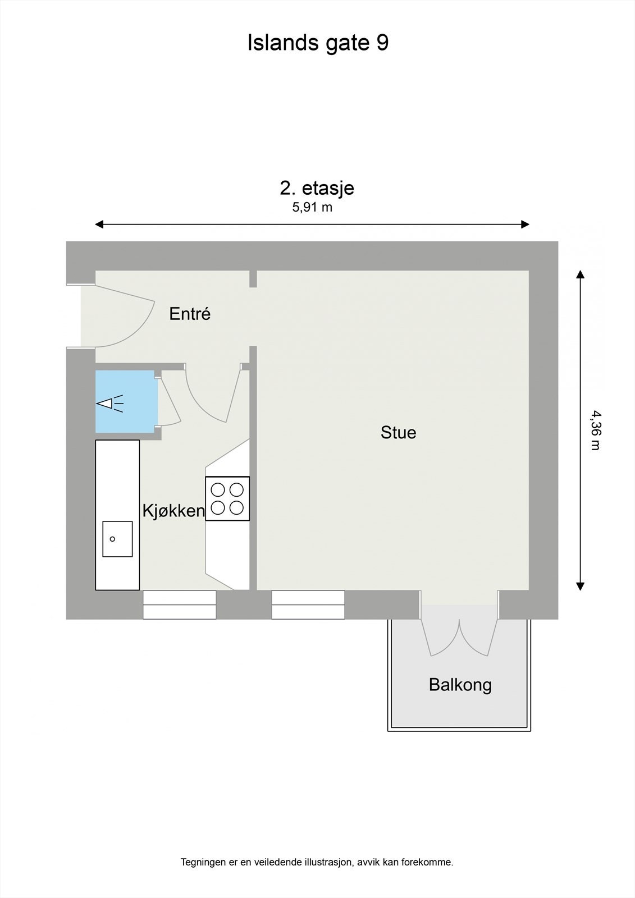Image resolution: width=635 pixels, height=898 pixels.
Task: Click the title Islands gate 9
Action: (318, 43)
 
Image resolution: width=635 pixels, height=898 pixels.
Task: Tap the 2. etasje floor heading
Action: (317, 187)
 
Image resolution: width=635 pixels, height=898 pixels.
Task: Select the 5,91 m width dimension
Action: (312, 207)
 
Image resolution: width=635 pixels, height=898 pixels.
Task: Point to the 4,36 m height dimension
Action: (594, 430)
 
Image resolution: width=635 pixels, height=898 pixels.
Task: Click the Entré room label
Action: (190, 314)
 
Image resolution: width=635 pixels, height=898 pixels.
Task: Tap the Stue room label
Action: (398, 433)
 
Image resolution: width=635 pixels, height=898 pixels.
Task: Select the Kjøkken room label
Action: (173, 511)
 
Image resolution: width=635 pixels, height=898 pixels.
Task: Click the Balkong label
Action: (460, 685)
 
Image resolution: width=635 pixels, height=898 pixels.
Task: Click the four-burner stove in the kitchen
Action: (227, 498)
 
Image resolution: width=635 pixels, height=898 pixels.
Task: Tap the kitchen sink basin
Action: (117, 539)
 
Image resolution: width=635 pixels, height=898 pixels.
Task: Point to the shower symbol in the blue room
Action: (111, 403)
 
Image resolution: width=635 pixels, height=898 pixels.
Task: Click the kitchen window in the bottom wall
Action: (180, 604)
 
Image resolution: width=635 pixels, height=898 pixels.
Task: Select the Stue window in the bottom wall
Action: (308, 604)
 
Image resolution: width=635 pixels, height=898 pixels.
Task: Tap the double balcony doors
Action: (459, 634)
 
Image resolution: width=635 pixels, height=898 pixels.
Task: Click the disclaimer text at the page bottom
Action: (317, 862)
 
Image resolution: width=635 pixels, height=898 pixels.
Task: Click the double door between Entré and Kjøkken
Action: (213, 393)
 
